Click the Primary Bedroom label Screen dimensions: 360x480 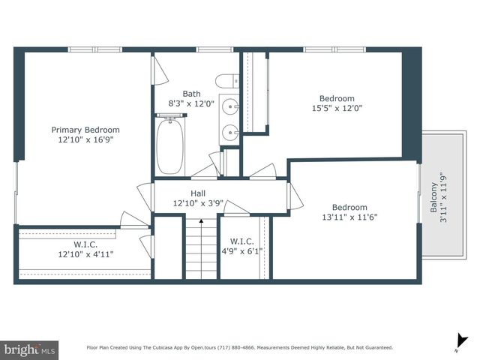(x=85, y=130)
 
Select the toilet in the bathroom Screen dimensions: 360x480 (x=225, y=81)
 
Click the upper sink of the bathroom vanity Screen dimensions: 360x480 (x=230, y=106)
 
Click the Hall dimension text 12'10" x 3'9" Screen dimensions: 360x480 (x=198, y=203)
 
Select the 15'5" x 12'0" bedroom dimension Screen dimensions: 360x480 (x=337, y=107)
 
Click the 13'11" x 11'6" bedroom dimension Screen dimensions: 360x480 (x=349, y=217)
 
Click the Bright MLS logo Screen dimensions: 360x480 (x=30, y=349)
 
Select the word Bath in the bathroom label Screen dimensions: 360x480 (x=191, y=94)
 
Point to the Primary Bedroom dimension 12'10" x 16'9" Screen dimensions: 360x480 (x=85, y=139)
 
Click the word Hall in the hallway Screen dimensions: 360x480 (x=198, y=193)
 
